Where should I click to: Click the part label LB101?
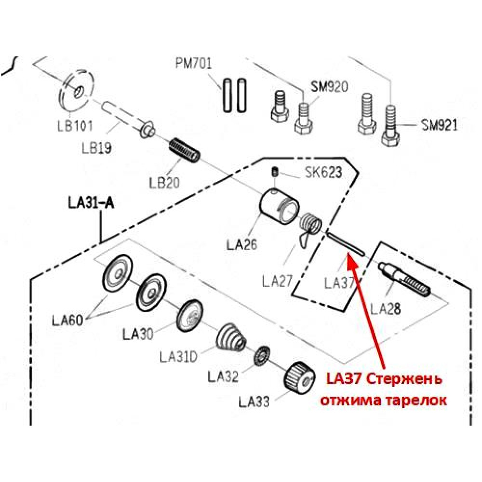(x=75, y=126)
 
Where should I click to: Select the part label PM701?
(x=194, y=64)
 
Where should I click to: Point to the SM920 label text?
(x=330, y=86)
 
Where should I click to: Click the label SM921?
(x=440, y=125)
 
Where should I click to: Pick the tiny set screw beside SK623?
(x=275, y=172)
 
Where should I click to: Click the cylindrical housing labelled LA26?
(x=280, y=206)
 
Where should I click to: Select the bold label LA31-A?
(x=91, y=203)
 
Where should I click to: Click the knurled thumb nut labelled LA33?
(x=300, y=378)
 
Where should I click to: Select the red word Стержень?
(x=404, y=380)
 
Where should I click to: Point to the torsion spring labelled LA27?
(x=309, y=230)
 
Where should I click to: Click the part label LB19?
(x=96, y=148)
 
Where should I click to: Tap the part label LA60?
(x=67, y=321)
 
